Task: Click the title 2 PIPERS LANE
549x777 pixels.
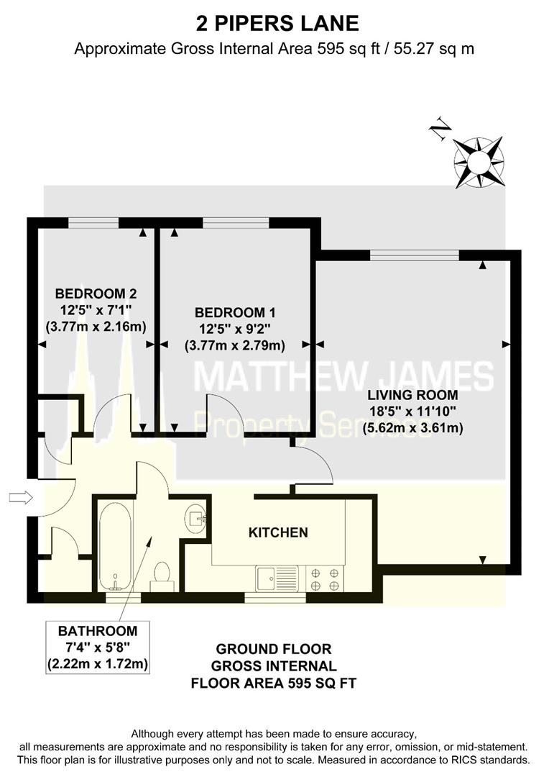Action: click(x=277, y=23)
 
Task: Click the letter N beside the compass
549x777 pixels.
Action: click(x=440, y=129)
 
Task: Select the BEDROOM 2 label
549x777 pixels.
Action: click(x=96, y=294)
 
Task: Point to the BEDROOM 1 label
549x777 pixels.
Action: click(x=235, y=313)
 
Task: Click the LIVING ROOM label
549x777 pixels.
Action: click(x=412, y=395)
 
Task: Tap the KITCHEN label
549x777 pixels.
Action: click(x=278, y=532)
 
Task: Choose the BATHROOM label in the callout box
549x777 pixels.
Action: click(x=98, y=631)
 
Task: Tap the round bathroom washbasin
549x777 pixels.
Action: click(x=195, y=515)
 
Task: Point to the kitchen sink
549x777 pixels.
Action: click(x=277, y=576)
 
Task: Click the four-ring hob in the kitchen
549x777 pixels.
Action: click(x=325, y=578)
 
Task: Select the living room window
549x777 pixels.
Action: click(x=414, y=254)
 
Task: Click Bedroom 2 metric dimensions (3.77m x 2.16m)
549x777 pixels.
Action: click(x=96, y=327)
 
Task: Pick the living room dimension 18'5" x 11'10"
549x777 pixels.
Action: click(x=412, y=412)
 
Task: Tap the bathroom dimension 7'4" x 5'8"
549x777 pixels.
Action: click(x=98, y=647)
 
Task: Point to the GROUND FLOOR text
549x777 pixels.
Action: click(x=274, y=649)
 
